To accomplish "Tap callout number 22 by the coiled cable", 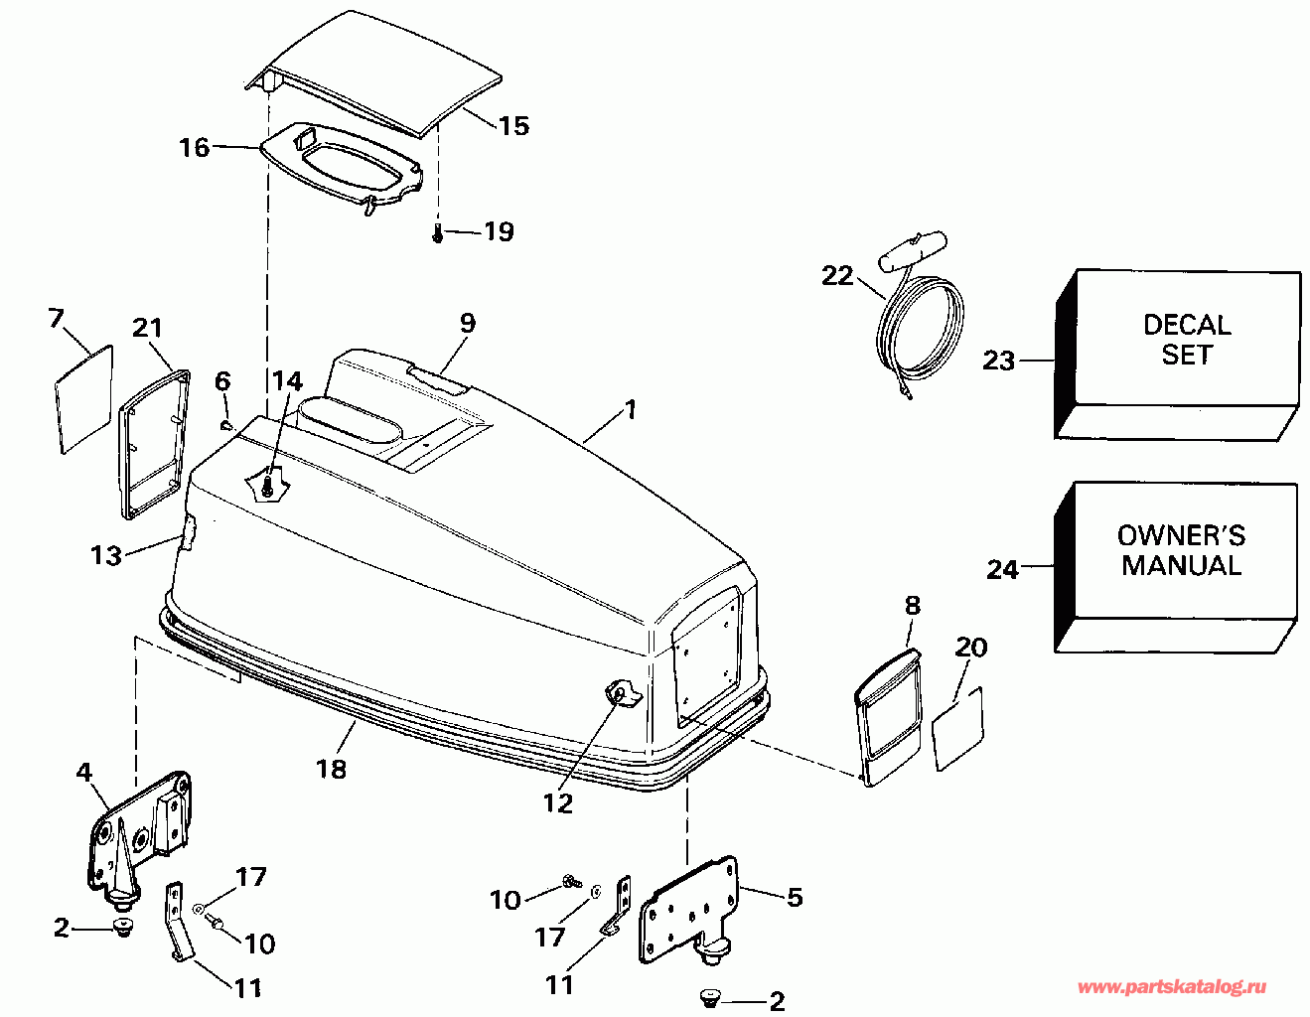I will [837, 275].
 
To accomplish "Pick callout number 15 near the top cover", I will [513, 126].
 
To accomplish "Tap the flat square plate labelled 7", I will [82, 397].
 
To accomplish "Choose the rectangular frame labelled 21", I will [153, 443].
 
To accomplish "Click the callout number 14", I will [287, 380].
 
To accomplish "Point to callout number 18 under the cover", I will [332, 768].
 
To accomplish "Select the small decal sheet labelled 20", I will [957, 728].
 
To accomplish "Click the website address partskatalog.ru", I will [1172, 986].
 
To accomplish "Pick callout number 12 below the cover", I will [558, 803].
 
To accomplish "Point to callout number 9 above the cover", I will [467, 323].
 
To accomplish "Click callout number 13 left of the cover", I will [105, 554].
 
